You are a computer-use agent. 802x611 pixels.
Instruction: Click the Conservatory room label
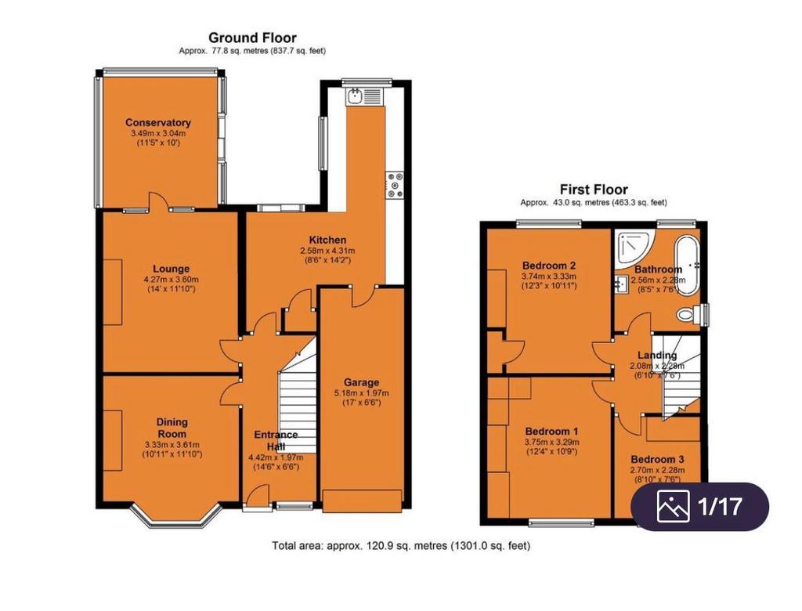click(158, 122)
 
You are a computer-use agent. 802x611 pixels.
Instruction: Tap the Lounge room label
click(171, 269)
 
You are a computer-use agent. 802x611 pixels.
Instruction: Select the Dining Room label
click(172, 428)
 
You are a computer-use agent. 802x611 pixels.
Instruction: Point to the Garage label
click(361, 382)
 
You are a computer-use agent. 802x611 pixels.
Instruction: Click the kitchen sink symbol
click(364, 96)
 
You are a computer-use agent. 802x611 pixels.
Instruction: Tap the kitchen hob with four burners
click(396, 185)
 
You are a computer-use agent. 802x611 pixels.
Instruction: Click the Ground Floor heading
click(252, 38)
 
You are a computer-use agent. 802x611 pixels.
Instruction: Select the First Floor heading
click(594, 190)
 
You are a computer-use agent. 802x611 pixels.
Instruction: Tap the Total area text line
click(400, 545)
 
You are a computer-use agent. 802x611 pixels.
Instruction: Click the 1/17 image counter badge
click(699, 506)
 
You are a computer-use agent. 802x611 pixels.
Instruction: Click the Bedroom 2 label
click(549, 266)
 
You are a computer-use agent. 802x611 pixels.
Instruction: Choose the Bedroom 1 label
click(551, 432)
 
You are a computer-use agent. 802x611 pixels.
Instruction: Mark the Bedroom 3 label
click(657, 460)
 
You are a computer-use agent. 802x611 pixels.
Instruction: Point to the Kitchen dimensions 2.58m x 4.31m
click(327, 251)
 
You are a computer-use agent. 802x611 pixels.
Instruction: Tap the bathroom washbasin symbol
click(623, 283)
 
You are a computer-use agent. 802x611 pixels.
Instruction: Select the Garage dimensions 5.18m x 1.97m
click(361, 393)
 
